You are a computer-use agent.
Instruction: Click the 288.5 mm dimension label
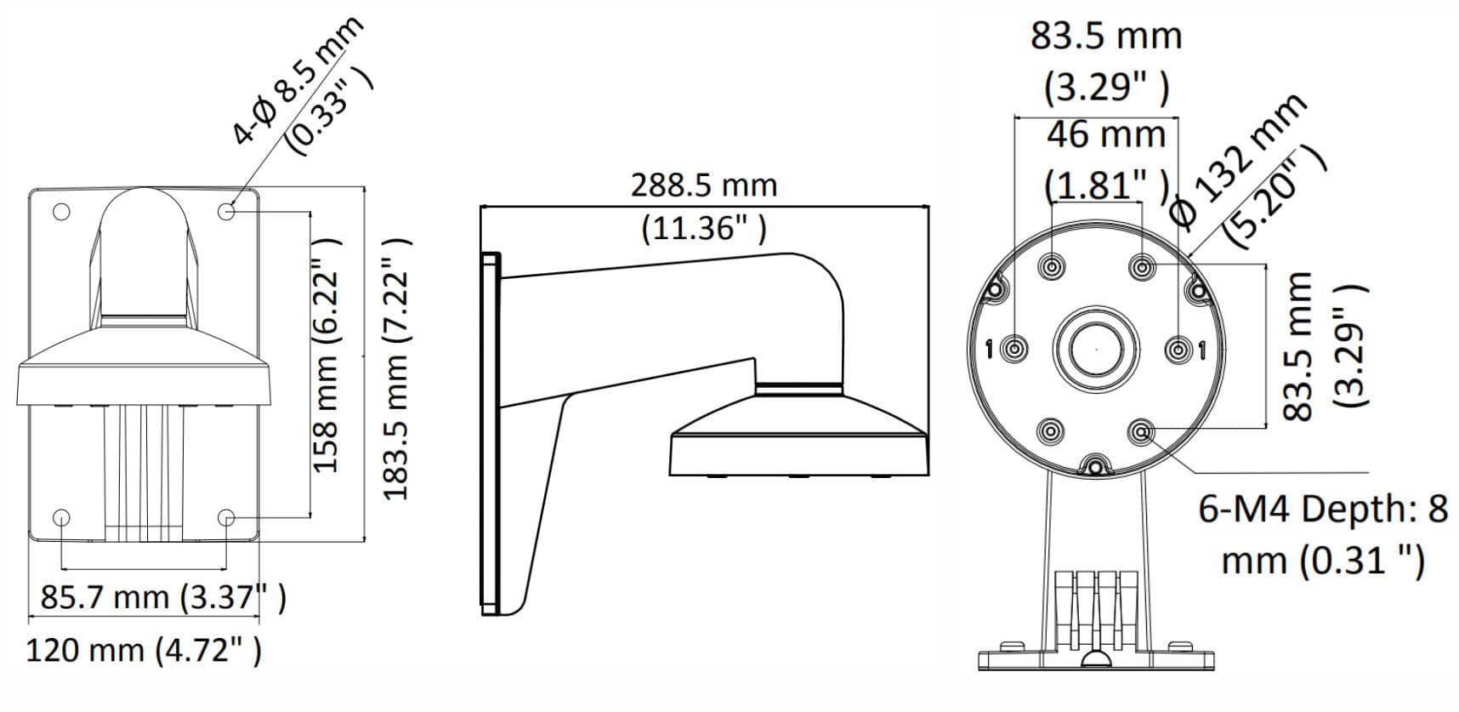(704, 185)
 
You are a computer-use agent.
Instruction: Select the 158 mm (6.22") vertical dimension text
(326, 355)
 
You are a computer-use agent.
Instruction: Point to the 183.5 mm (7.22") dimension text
(398, 367)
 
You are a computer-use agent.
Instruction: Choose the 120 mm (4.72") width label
(144, 651)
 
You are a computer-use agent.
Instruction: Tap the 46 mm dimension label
(1105, 134)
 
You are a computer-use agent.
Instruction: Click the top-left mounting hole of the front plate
(61, 211)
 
